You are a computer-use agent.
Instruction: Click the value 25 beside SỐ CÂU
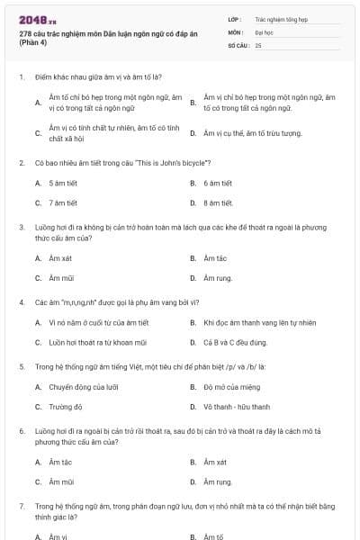[258, 44]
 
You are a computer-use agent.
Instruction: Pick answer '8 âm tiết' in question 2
[219, 202]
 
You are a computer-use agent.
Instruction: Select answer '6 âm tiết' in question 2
[219, 183]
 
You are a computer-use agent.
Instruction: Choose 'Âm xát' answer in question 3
[59, 258]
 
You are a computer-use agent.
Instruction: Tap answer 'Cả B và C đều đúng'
[235, 342]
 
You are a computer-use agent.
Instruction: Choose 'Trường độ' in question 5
[65, 407]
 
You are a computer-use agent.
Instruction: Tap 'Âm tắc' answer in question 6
[59, 462]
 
